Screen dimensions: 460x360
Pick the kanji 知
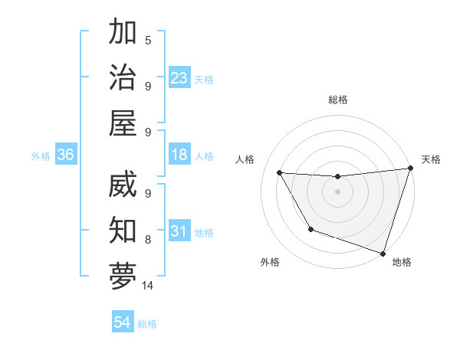click(123, 230)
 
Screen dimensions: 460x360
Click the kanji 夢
click(123, 276)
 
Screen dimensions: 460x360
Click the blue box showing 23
click(179, 77)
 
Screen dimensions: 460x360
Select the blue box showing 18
click(179, 155)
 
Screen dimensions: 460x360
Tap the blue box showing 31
click(179, 232)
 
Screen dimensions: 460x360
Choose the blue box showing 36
click(66, 155)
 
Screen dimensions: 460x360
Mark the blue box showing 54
click(123, 323)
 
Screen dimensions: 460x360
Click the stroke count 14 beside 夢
click(148, 286)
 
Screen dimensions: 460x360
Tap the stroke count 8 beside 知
click(148, 240)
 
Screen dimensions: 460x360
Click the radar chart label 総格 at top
click(338, 100)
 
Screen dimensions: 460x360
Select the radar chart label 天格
click(431, 159)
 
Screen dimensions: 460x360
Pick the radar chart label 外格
click(270, 262)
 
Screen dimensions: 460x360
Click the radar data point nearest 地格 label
click(383, 253)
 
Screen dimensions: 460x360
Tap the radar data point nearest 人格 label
click(280, 173)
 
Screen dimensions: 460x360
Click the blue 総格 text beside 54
click(147, 324)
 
